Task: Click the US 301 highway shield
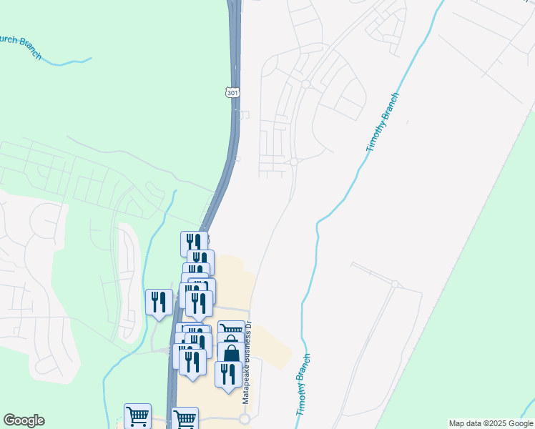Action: (x=232, y=92)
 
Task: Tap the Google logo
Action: (x=24, y=420)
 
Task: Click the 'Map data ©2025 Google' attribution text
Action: (x=491, y=423)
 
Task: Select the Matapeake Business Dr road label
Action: (x=247, y=363)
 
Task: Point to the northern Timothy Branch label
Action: (x=382, y=122)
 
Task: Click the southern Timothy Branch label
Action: (x=304, y=385)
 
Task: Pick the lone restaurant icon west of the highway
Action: (x=158, y=302)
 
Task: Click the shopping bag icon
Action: (x=231, y=353)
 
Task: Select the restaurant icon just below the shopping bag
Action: (x=228, y=374)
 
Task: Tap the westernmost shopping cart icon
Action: (x=137, y=415)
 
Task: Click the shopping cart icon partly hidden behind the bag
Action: (x=231, y=330)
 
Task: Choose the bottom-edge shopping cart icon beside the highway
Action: (x=185, y=418)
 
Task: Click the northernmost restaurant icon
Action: (x=194, y=243)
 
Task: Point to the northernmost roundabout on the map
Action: (x=305, y=84)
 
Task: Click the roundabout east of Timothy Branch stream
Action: (x=395, y=284)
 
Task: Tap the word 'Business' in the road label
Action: (x=247, y=358)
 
